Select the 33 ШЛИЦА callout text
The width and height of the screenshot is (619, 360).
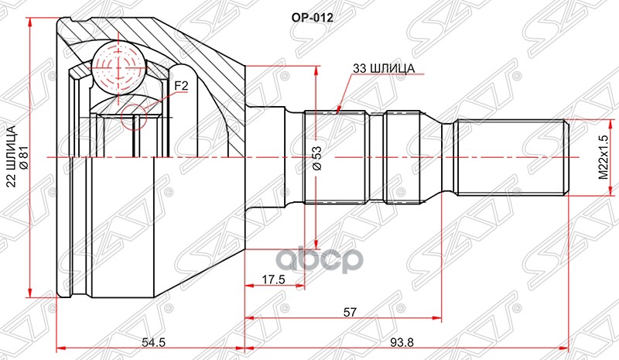coord(384,68)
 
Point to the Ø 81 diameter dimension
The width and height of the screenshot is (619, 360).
coord(25,158)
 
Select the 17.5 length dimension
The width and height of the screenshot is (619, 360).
coord(273,279)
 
